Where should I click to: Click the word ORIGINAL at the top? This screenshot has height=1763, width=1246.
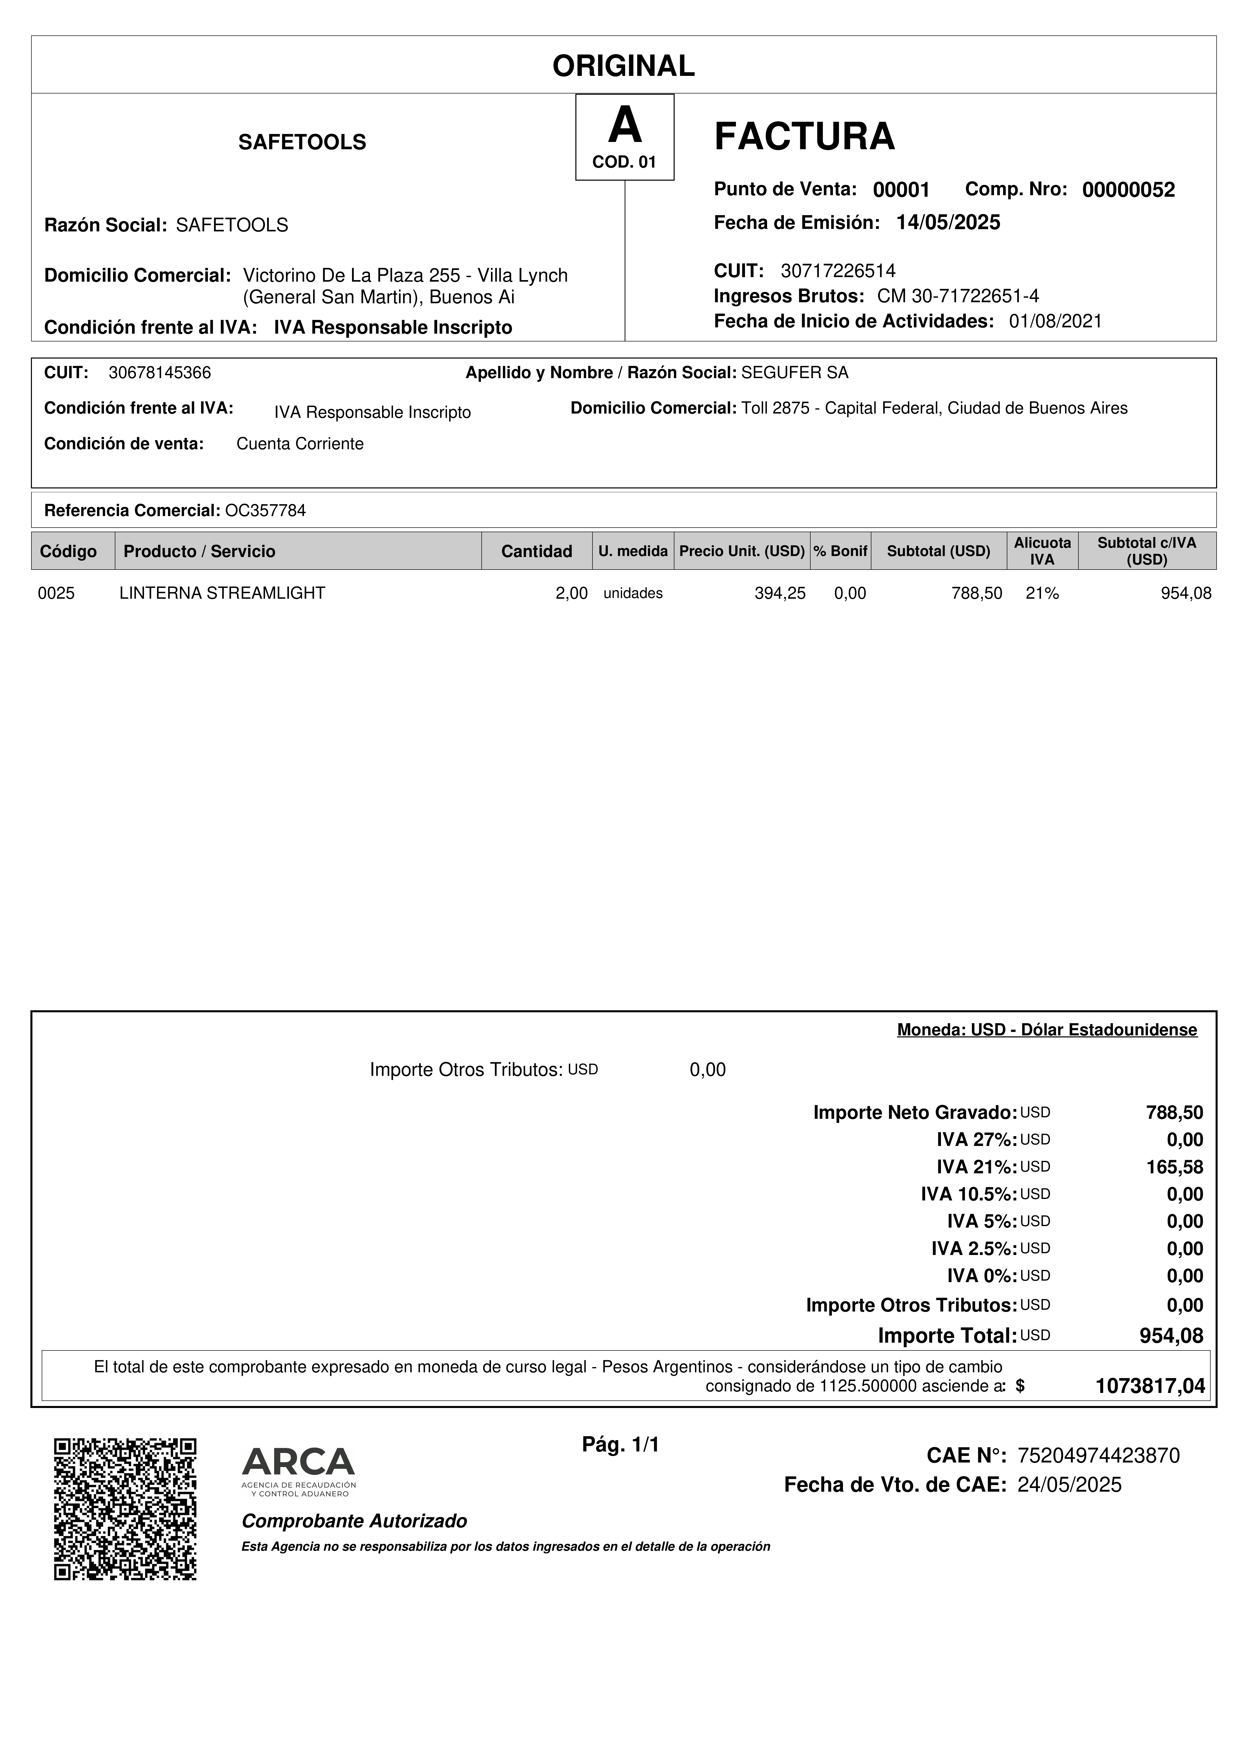[623, 66]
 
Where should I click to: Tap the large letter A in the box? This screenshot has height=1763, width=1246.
[624, 126]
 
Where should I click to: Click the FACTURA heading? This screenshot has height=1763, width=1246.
[804, 137]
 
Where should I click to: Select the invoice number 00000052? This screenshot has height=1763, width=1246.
[1128, 190]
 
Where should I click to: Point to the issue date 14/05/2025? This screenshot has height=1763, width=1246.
[948, 223]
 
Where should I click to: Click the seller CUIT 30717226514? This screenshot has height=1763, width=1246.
[837, 270]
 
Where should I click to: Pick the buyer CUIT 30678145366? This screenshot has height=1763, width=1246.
[160, 373]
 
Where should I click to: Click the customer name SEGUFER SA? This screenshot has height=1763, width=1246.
[794, 373]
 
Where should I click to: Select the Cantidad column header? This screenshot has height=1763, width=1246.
[537, 551]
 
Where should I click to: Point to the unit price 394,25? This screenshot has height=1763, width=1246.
[780, 593]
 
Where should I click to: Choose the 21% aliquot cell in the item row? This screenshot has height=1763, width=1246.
[1042, 593]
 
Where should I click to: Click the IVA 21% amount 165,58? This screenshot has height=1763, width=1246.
[1175, 1167]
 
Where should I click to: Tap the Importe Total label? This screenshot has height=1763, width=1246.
[946, 1335]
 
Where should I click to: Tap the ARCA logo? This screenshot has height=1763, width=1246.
[299, 1471]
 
